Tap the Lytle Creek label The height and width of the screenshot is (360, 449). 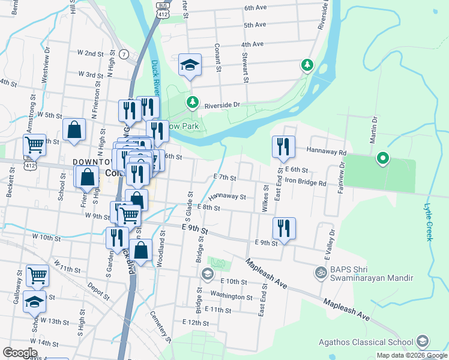(x=428, y=221)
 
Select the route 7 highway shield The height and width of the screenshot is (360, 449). (x=124, y=55)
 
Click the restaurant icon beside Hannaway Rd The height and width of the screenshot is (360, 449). (x=283, y=147)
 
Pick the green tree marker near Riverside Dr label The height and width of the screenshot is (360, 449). (x=192, y=103)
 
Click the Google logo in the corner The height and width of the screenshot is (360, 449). (x=20, y=352)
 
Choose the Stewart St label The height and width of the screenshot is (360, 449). (x=245, y=67)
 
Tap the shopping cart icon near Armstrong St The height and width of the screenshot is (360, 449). (x=34, y=145)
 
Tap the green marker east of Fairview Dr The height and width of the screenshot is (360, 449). (x=382, y=159)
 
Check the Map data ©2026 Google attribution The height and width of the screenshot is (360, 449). (x=412, y=355)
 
